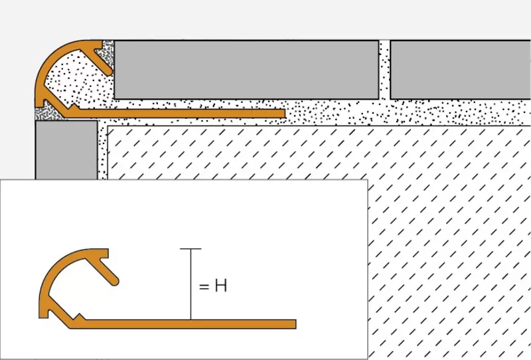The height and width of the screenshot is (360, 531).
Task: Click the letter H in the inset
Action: [x=221, y=286]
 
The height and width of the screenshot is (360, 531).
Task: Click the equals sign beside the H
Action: [x=204, y=287]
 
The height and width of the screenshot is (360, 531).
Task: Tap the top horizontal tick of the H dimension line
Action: [x=190, y=249]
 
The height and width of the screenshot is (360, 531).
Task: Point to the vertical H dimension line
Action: [x=190, y=284]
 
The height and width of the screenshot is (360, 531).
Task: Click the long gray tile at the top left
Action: [x=246, y=70]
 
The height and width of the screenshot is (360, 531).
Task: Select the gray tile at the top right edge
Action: [x=461, y=70]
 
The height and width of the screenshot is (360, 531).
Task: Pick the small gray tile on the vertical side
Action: [x=66, y=150]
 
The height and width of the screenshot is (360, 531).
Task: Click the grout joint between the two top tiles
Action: [x=384, y=70]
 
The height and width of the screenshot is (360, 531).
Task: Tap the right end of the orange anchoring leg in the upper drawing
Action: [x=284, y=114]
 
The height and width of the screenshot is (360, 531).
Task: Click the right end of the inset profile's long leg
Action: [x=295, y=324]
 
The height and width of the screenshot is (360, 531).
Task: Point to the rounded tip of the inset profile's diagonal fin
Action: [x=115, y=281]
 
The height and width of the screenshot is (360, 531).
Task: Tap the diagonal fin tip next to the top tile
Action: [x=108, y=71]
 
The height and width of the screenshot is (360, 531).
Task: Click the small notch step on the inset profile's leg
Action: [x=80, y=316]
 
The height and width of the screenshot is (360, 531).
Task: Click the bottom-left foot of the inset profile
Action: [x=43, y=315]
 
